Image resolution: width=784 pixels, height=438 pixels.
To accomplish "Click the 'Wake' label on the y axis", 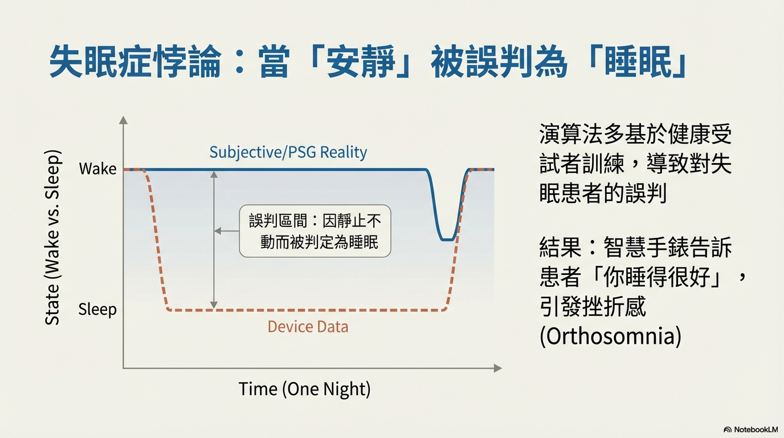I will tap(97, 169).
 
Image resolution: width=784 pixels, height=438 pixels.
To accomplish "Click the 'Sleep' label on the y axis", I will tap(97, 310).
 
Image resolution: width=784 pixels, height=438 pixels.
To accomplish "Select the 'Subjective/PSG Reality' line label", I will tap(288, 152).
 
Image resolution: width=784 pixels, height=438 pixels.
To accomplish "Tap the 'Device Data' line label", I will tap(308, 327).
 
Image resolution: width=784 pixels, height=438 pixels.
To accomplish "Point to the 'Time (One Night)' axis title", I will tap(304, 389).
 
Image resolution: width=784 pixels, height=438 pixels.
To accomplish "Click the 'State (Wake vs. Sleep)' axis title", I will tap(52, 237).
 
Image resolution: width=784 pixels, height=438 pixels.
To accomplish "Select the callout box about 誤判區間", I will tap(315, 231).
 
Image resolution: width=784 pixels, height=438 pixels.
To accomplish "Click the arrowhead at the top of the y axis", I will tap(123, 120).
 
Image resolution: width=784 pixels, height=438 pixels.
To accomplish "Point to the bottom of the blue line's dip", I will tap(448, 240).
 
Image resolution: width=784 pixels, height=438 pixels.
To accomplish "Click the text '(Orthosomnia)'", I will tap(610, 336).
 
